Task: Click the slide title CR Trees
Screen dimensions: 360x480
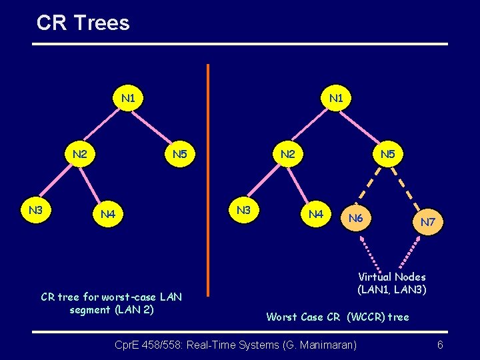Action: (x=83, y=23)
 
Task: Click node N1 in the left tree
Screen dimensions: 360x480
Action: (x=129, y=99)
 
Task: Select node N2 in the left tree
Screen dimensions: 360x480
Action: (x=80, y=155)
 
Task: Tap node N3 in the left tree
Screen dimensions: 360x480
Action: (x=36, y=210)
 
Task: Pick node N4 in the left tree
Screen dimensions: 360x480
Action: (x=108, y=214)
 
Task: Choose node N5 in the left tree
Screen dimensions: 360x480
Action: (x=179, y=155)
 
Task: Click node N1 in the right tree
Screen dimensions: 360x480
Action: (x=336, y=99)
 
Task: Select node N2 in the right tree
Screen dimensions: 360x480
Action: (x=287, y=155)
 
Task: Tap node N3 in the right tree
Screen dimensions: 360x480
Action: (x=243, y=210)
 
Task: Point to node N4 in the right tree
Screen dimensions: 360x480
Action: (x=316, y=214)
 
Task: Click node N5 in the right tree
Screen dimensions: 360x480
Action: (x=387, y=155)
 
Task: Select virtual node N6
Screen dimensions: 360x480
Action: (x=356, y=218)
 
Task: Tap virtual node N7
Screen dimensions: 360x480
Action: (x=428, y=222)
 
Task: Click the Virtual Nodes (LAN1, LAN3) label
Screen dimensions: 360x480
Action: (x=391, y=283)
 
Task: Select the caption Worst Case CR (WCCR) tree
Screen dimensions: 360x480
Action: (x=337, y=317)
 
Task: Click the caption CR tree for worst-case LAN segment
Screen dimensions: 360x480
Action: (x=111, y=303)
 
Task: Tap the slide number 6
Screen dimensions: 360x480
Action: (x=440, y=345)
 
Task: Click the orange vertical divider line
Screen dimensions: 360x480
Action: (x=208, y=180)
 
